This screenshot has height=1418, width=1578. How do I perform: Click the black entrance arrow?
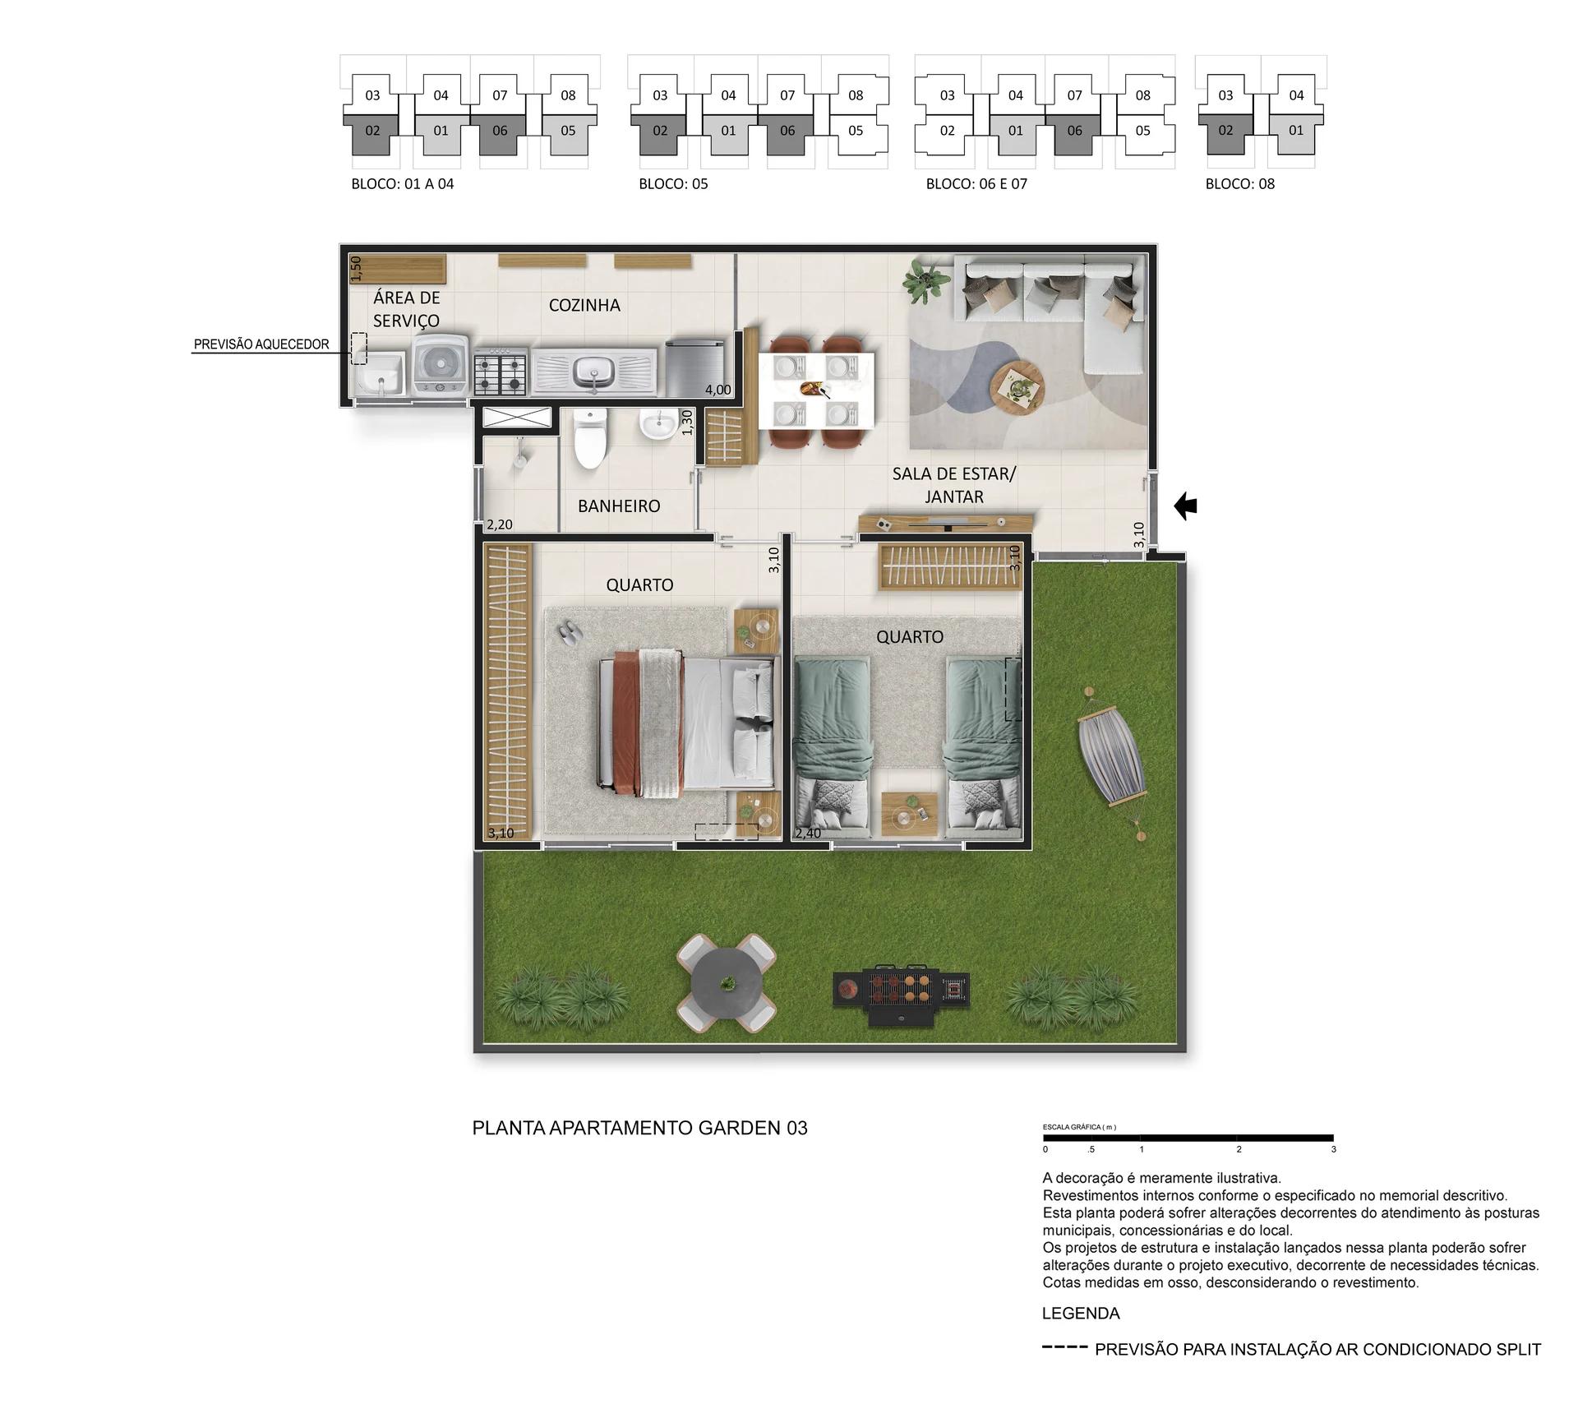click(1185, 506)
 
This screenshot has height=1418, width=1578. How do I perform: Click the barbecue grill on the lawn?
click(902, 994)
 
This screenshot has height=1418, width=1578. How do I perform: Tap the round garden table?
click(725, 982)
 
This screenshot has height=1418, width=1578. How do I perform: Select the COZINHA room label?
click(584, 305)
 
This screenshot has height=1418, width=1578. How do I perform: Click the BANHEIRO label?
click(619, 506)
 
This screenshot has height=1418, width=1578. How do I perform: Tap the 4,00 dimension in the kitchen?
click(717, 390)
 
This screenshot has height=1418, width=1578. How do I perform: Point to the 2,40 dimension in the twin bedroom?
click(808, 833)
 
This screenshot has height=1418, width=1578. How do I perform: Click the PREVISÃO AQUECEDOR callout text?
click(261, 344)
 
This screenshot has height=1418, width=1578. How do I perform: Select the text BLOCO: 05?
click(673, 184)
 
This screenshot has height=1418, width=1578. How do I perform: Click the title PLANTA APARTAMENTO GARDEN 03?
click(639, 1128)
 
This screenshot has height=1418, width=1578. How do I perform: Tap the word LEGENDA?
click(1081, 1314)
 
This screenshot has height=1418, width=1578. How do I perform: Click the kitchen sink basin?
click(595, 372)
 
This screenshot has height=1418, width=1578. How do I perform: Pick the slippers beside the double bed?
click(568, 631)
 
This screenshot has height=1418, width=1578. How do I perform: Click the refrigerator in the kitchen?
click(696, 368)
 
